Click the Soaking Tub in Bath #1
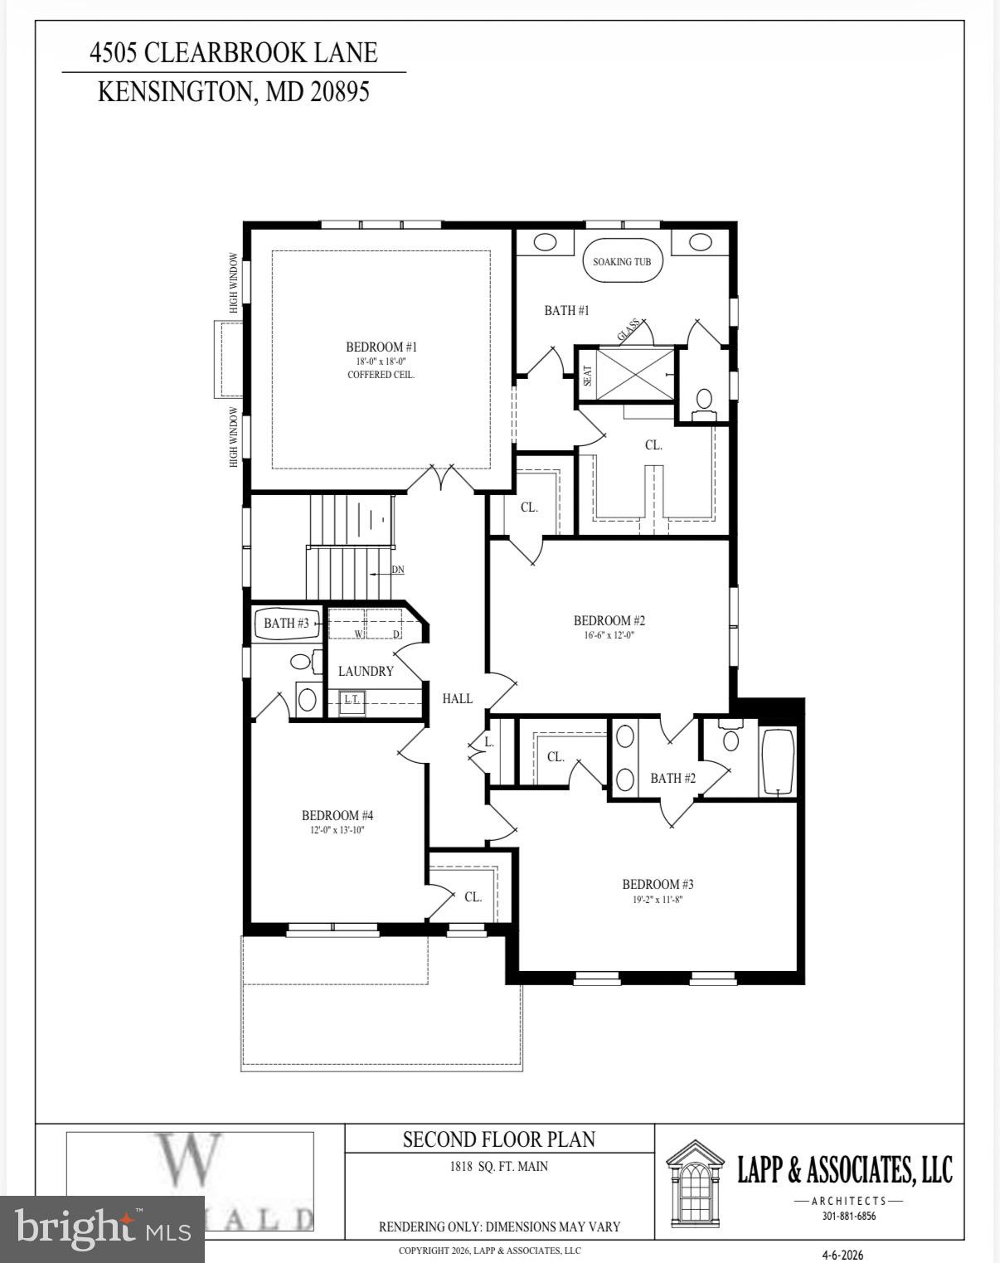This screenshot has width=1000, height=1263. pos(622,261)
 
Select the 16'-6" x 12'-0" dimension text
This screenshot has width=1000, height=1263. pos(609,635)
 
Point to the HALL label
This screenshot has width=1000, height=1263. pos(457,698)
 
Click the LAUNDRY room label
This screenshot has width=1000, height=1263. pos(366,671)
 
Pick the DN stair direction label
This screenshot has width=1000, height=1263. pos(398,570)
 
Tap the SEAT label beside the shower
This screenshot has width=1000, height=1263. pos(588,376)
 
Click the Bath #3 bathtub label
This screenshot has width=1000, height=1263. pos(286,623)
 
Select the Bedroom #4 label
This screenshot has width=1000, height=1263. pos(337,815)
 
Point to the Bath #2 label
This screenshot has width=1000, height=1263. pos(672,778)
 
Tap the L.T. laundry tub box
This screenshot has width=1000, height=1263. pos(352,700)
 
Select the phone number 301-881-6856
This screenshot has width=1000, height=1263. pos(848,1217)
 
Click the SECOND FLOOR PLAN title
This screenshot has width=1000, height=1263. pos(499,1139)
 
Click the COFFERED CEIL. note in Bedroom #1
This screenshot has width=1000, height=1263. pos(381,375)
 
